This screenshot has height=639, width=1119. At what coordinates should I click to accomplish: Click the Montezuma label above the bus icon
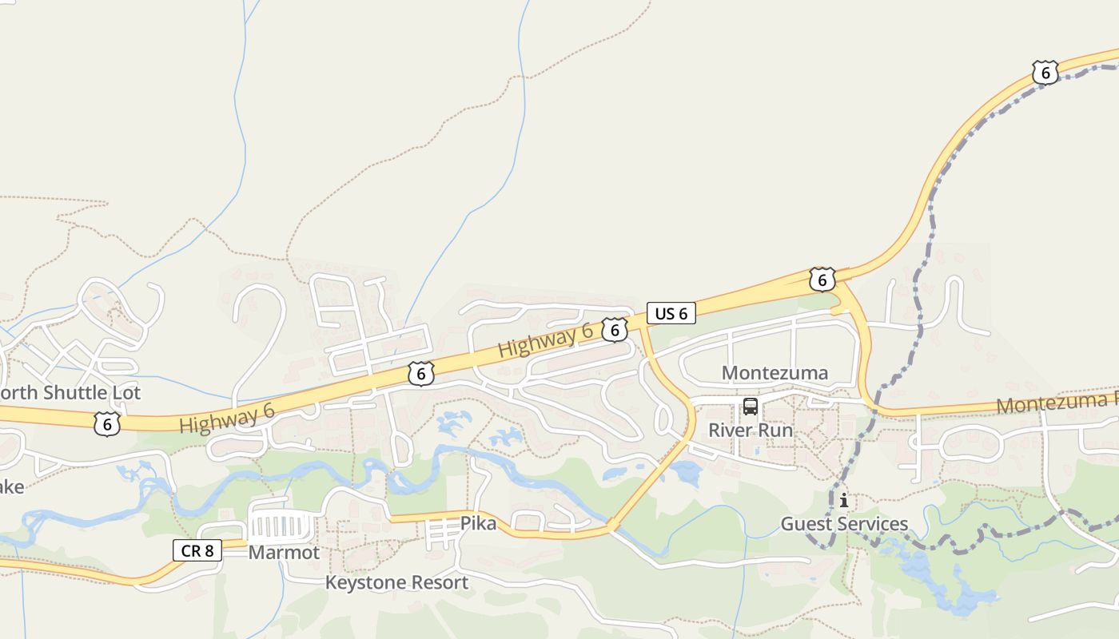pyautogui.click(x=775, y=373)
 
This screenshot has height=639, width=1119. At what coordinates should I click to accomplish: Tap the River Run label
pyautogui.click(x=751, y=431)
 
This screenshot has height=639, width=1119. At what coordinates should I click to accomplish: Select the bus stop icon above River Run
pyautogui.click(x=751, y=407)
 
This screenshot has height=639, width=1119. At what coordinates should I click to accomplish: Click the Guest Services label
pyautogui.click(x=844, y=524)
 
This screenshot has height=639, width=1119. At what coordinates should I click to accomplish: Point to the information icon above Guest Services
pyautogui.click(x=843, y=501)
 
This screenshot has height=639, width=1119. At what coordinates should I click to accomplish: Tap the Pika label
pyautogui.click(x=478, y=524)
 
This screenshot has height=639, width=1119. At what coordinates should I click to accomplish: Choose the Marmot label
pyautogui.click(x=284, y=553)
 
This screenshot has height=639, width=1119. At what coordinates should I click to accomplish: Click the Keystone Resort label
pyautogui.click(x=396, y=582)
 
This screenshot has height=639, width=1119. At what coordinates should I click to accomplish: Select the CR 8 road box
pyautogui.click(x=197, y=550)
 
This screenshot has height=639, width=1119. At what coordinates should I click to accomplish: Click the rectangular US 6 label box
pyautogui.click(x=671, y=313)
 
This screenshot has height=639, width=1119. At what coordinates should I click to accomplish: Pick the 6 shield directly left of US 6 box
pyautogui.click(x=614, y=329)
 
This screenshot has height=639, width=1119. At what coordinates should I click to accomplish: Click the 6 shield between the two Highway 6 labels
pyautogui.click(x=421, y=373)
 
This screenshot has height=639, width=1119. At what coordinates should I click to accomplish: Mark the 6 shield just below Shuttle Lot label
pyautogui.click(x=107, y=423)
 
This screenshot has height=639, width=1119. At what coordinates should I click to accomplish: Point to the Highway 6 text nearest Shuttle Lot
pyautogui.click(x=227, y=419)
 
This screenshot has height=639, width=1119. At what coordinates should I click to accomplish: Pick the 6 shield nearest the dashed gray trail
pyautogui.click(x=1045, y=73)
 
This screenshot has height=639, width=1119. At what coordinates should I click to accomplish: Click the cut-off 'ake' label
pyautogui.click(x=11, y=486)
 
